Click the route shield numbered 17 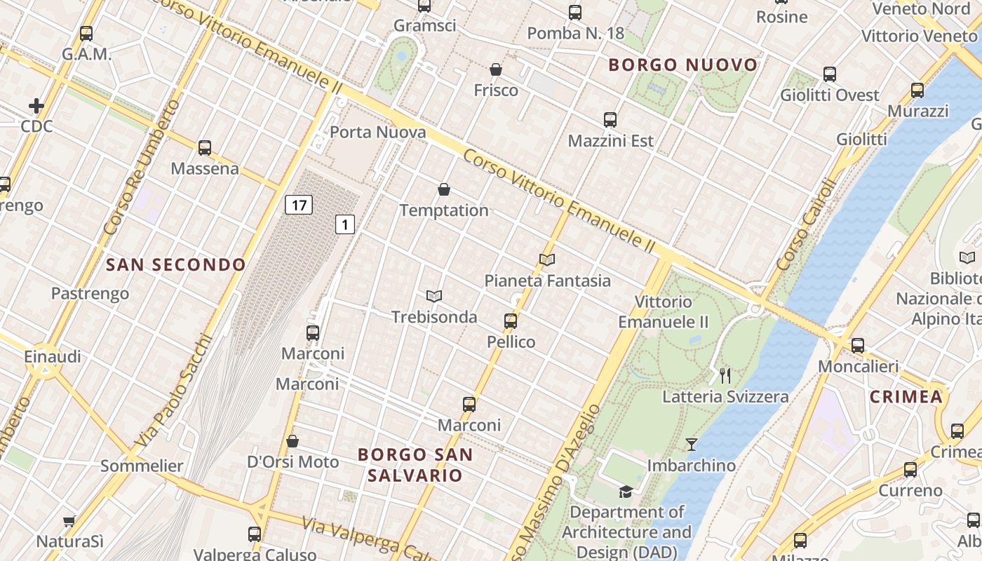tap(299, 205)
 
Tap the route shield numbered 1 tap(344, 224)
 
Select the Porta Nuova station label tap(377, 132)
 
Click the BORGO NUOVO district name tap(683, 65)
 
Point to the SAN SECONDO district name tap(176, 264)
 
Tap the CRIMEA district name tap(906, 397)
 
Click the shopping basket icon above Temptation tap(444, 189)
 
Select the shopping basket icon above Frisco tap(496, 69)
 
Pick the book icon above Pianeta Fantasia tap(547, 259)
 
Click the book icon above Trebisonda tap(434, 297)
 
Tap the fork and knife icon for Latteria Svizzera tap(725, 376)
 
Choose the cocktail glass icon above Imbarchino tap(692, 445)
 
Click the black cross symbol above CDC tap(36, 106)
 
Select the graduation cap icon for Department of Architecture tap(626, 492)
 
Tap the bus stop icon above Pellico tap(511, 321)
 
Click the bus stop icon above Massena tap(205, 148)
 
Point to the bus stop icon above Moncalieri tap(858, 346)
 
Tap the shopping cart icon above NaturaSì tap(69, 521)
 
